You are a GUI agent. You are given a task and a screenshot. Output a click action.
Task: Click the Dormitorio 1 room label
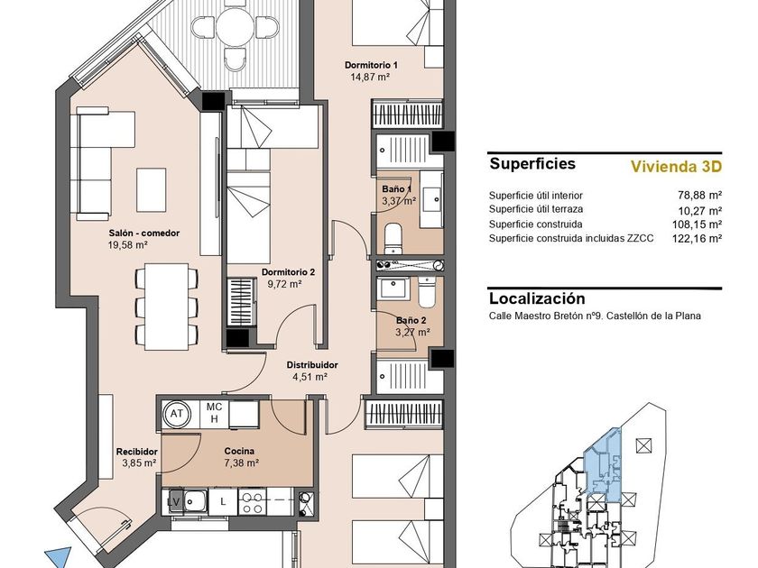pyautogui.click(x=371, y=65)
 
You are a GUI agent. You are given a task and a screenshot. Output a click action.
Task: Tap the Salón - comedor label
pyautogui.click(x=144, y=233)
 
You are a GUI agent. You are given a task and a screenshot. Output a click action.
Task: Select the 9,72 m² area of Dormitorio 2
pyautogui.click(x=285, y=284)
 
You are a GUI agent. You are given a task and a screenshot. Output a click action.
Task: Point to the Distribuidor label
pyautogui.click(x=312, y=365)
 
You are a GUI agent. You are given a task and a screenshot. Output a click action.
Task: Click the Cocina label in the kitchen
pyautogui.click(x=239, y=451)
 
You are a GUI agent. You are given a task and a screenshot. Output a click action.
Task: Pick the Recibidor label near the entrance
pyautogui.click(x=137, y=452)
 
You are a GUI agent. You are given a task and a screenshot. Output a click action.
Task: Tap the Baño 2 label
pyautogui.click(x=411, y=320)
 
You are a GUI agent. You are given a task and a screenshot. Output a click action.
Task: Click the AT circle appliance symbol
pyautogui.click(x=177, y=414)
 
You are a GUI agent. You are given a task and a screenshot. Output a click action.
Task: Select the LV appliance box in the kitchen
pyautogui.click(x=173, y=501)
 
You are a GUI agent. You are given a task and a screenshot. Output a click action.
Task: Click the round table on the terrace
pyautogui.click(x=235, y=26)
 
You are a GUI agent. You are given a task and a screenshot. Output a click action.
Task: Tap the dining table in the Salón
pyautogui.click(x=167, y=307)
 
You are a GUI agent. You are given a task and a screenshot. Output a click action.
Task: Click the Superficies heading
pyautogui.click(x=532, y=163)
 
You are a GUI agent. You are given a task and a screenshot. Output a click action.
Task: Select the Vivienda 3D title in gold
pyautogui.click(x=676, y=167)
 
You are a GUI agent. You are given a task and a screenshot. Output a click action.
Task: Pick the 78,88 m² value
pyautogui.click(x=699, y=195)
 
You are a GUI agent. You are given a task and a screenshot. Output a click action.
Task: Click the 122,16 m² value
pyautogui.click(x=697, y=238)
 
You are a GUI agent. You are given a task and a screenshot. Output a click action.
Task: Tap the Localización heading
pyautogui.click(x=537, y=298)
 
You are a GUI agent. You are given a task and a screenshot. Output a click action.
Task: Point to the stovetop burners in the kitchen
pyautogui.click(x=252, y=502)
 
